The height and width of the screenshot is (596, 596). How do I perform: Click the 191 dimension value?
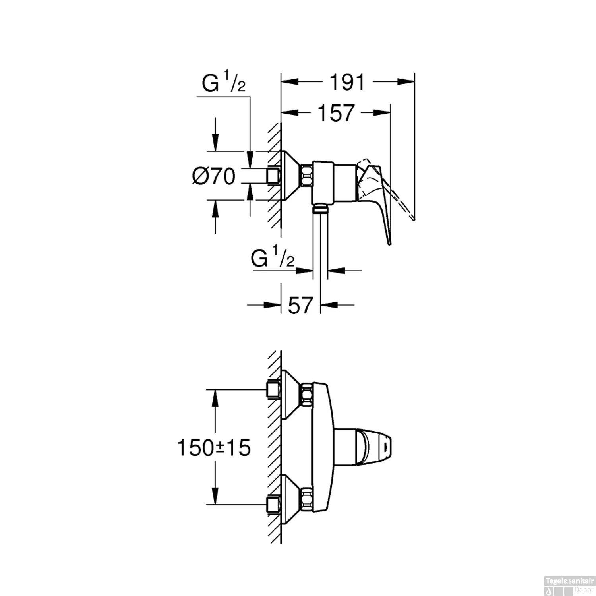coord(347,82)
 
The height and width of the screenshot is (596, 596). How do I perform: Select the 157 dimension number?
coord(336,113)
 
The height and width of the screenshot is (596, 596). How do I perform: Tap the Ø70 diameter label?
coord(214,176)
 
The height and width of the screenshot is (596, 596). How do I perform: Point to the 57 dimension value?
coord(300,305)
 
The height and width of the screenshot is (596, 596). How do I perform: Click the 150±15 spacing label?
coord(214,448)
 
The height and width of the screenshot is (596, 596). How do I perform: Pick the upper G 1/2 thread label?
coord(224,82)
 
